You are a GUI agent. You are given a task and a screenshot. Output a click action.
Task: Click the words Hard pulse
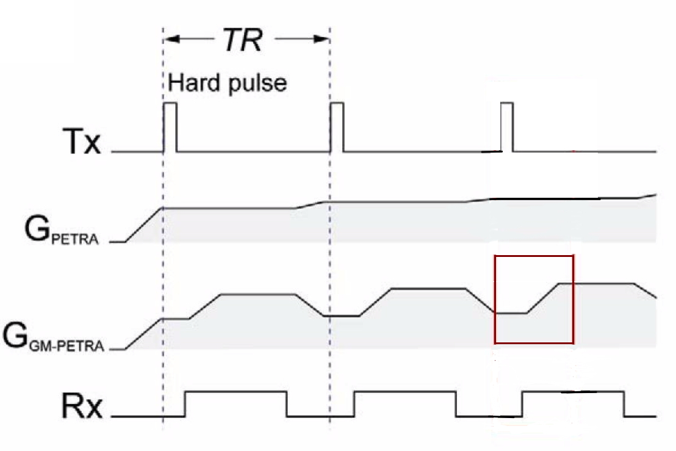click(x=227, y=82)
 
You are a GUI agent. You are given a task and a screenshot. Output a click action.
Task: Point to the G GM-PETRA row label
click(x=54, y=339)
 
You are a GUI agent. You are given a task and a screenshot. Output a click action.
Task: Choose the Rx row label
click(x=81, y=408)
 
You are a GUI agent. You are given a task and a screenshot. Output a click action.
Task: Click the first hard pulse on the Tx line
click(x=170, y=127)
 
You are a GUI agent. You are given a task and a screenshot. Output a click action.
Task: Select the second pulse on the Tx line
click(x=337, y=127)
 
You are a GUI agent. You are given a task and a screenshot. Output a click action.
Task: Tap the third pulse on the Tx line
click(x=506, y=127)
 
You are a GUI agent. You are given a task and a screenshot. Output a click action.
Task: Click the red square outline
click(x=534, y=257)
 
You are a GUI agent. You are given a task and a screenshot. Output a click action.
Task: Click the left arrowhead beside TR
click(x=173, y=39)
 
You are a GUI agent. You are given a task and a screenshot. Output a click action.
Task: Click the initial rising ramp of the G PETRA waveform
click(x=144, y=225)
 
